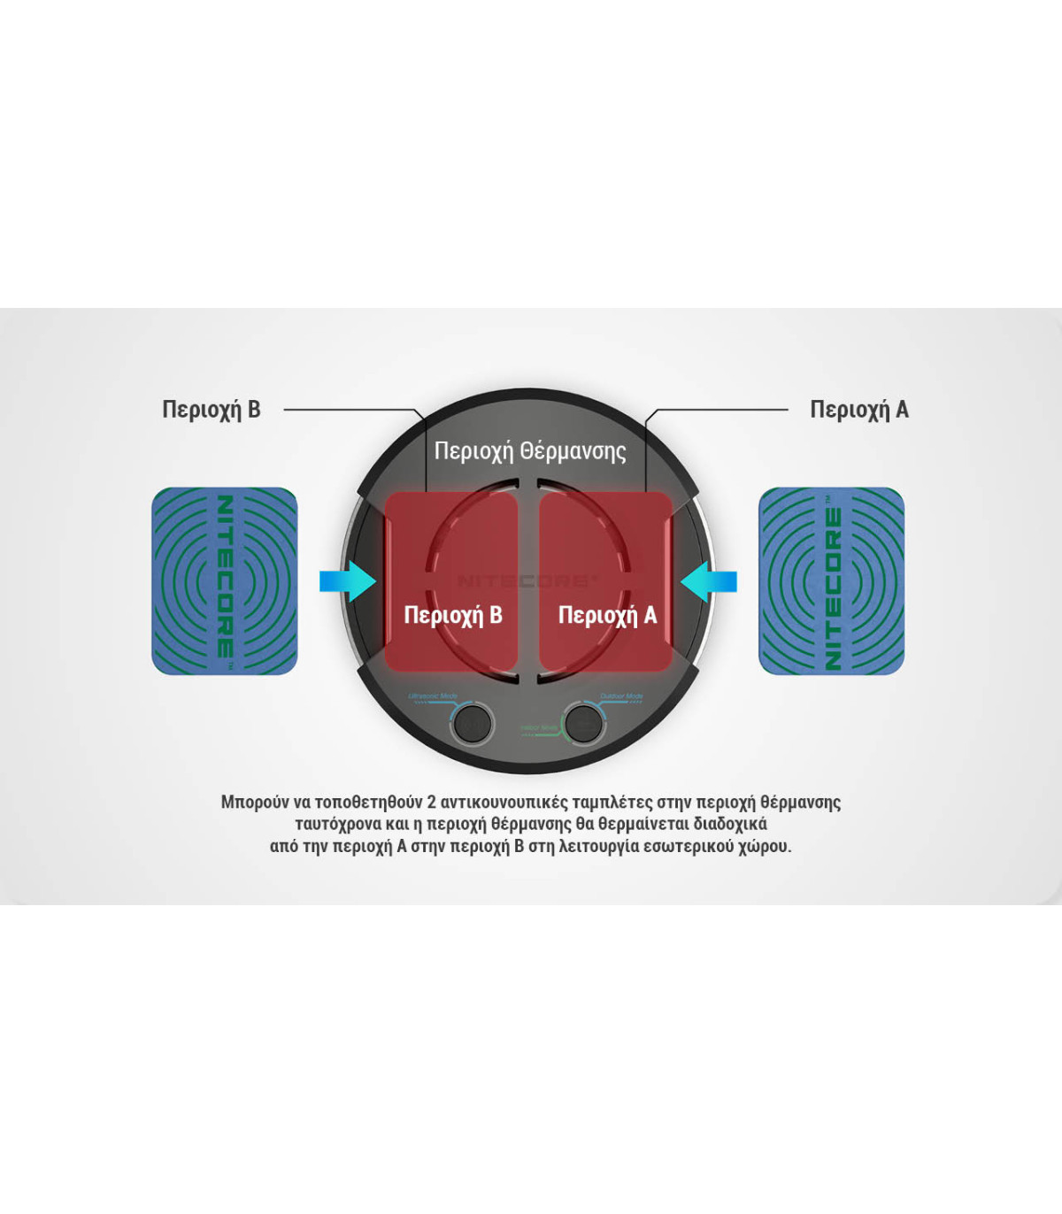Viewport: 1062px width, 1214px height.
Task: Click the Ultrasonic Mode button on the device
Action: coord(472,723)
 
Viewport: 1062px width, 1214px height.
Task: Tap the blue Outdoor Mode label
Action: coord(621,696)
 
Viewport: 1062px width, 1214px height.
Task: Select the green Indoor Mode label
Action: coord(539,728)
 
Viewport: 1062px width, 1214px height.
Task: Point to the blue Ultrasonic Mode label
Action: coord(433,696)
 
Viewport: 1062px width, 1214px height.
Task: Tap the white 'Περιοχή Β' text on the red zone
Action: coord(453,615)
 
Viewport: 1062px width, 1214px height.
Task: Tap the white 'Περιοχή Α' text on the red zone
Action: coord(607,615)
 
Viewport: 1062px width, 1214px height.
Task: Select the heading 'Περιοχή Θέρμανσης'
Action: coord(529,451)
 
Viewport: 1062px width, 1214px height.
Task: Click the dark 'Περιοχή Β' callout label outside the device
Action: coord(211,410)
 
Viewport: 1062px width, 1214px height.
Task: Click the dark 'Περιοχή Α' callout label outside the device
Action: coord(858,410)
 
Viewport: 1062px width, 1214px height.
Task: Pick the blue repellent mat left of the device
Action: coord(225,580)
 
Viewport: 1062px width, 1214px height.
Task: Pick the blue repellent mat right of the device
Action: coord(831,580)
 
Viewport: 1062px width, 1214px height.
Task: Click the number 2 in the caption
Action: coord(432,803)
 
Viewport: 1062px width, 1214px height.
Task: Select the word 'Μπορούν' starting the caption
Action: coord(255,803)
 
